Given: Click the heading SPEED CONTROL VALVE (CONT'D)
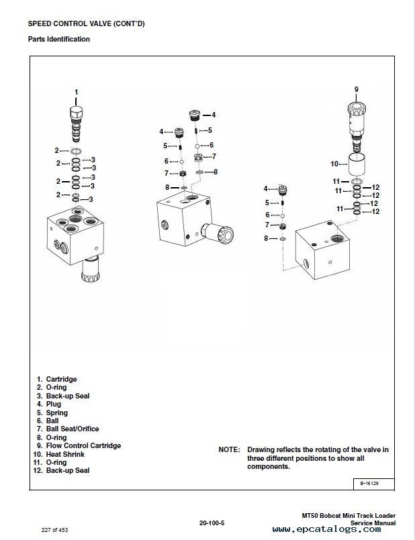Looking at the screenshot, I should coord(86,24).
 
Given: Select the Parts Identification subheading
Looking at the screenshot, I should coord(59,39).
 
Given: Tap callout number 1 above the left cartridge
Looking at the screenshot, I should coord(76,91).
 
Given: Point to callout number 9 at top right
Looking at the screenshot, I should coord(356,89).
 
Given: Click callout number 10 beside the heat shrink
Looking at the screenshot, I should coord(334,164).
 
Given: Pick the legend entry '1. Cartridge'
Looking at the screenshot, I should coord(57,380).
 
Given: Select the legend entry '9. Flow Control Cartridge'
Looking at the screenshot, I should coord(79,445).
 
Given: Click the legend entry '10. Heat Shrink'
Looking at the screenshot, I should coord(62,454).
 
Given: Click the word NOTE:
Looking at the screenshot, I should coord(229,449).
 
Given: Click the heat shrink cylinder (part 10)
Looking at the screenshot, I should coord(356,164).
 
